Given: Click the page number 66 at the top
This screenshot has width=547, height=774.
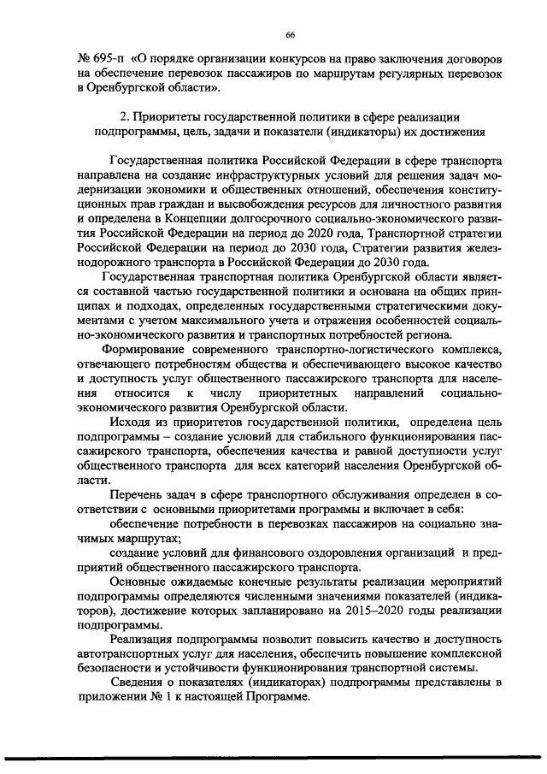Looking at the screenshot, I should (x=290, y=34).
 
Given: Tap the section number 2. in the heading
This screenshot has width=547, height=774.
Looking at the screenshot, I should (x=124, y=117).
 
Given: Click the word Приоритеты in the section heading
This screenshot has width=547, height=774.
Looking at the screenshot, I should (x=171, y=117).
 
